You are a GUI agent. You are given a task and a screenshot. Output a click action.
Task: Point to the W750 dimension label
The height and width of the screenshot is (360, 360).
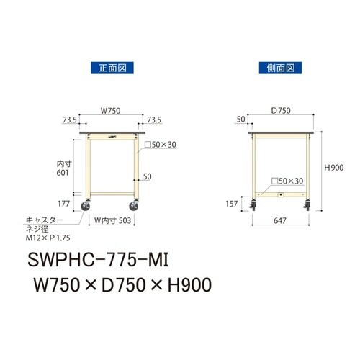(x=109, y=111)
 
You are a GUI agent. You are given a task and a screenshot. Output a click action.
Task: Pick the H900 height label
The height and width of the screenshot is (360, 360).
(x=333, y=167)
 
